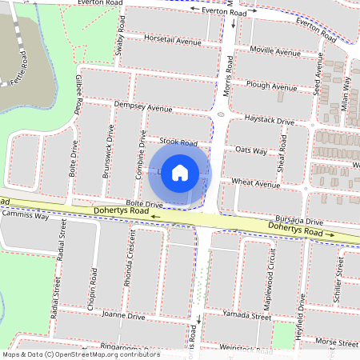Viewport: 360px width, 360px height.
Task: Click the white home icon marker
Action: point(180,173)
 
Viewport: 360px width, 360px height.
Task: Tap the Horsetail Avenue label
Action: point(172,40)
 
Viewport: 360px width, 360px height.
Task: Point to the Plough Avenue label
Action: point(272,86)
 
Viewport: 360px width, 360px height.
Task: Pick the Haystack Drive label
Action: point(270,120)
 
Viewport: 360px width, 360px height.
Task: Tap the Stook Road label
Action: point(178,142)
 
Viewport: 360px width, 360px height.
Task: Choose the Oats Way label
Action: point(251,150)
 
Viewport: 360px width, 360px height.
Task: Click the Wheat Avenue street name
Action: point(255,183)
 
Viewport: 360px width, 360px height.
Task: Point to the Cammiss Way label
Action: point(25,216)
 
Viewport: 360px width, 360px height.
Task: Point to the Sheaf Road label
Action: point(282,153)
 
